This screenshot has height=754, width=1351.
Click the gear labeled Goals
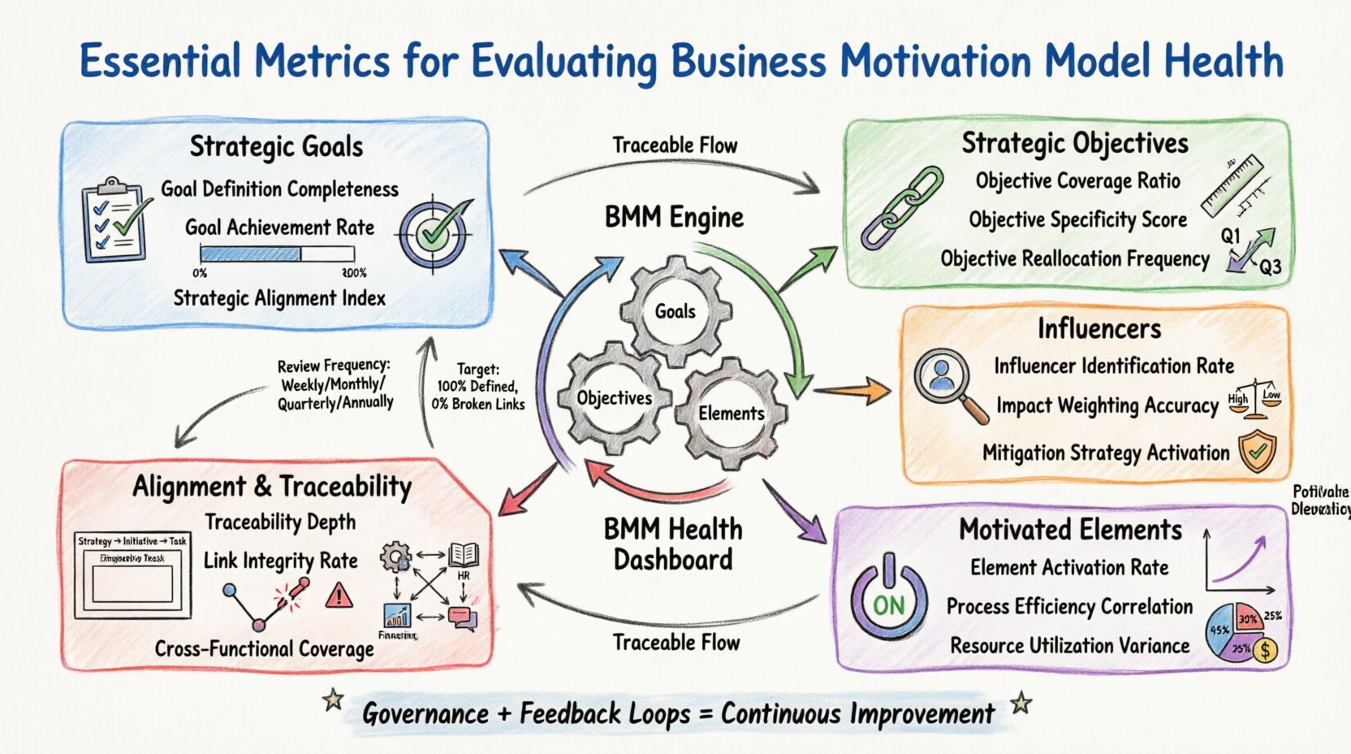point(675,311)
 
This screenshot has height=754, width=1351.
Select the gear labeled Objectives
point(615,397)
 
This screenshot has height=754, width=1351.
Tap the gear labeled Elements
point(731,413)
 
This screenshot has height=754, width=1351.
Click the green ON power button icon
point(888,600)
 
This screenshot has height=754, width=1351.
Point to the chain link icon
point(902,207)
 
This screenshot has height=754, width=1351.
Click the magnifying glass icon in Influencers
point(948,382)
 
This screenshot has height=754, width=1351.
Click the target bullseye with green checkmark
point(434,234)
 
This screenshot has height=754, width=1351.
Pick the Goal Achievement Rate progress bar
point(276,254)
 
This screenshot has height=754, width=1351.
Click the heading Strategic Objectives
point(1075,143)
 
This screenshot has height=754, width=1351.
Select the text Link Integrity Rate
point(280,561)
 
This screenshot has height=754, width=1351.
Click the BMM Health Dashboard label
point(673,544)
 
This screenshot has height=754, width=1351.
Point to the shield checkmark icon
point(1257,452)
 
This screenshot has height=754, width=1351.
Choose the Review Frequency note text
point(335,383)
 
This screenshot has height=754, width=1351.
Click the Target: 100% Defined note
point(478,387)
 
